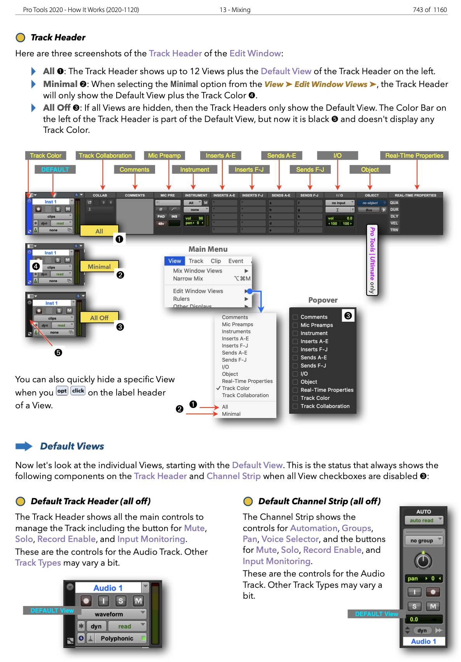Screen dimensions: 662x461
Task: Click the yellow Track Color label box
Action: coord(46,155)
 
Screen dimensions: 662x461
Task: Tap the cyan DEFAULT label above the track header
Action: coord(55,169)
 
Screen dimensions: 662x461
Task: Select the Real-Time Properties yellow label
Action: coord(414,155)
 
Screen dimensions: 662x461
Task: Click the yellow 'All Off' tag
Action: coord(99,318)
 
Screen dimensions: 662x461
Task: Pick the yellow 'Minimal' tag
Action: coord(99,267)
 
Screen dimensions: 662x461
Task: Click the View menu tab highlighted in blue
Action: coord(175,261)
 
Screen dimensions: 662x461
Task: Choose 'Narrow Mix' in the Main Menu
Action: coord(188,279)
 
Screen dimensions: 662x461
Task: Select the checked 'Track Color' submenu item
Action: coord(236,388)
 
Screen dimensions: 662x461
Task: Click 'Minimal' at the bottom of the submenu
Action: coord(231,414)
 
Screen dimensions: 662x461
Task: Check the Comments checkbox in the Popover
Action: coord(295,317)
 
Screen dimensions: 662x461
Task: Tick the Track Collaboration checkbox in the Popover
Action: coord(295,406)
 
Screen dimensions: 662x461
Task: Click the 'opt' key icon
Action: coord(62,391)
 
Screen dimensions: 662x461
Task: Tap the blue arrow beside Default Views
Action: coord(24,446)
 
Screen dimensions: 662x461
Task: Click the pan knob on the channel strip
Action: coord(423,561)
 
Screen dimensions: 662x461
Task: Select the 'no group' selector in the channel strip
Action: coord(423,540)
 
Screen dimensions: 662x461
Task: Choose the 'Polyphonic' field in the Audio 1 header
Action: coord(117,638)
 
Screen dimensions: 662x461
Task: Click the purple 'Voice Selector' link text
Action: coord(290,539)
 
